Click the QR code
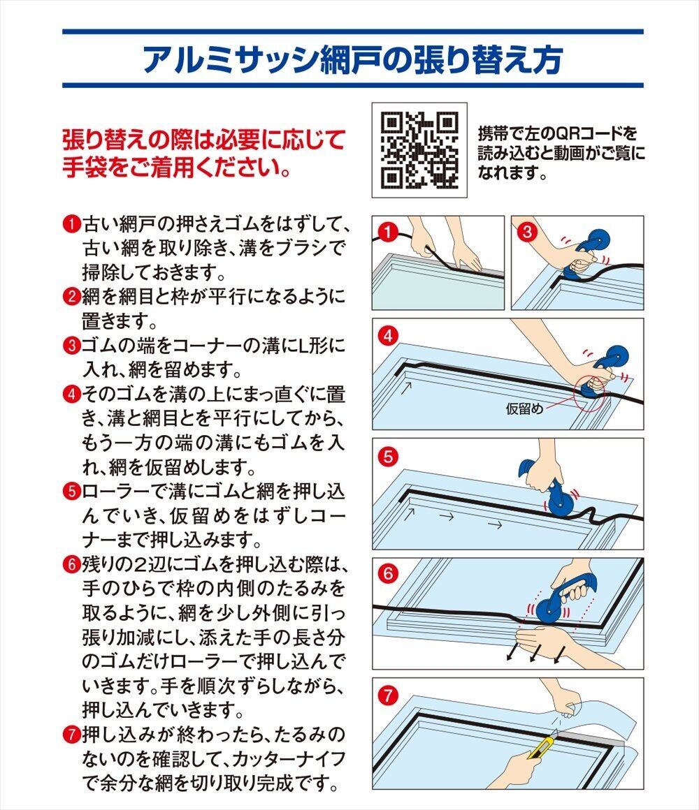tap(419, 150)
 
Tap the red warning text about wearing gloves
tap(203, 154)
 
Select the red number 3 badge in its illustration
tap(527, 231)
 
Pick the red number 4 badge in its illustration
tap(388, 336)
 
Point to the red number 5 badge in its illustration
tap(388, 456)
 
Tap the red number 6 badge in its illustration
tap(388, 573)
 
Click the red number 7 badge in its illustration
tap(388, 695)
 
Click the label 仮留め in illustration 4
tap(524, 408)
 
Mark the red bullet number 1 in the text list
tap(72, 225)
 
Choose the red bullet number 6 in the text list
tap(72, 564)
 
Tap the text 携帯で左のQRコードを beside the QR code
tap(557, 134)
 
